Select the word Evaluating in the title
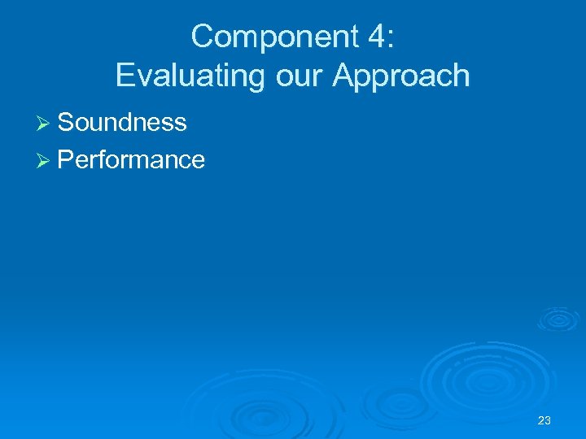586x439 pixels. pyautogui.click(x=182, y=76)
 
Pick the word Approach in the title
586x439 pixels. pyautogui.click(x=400, y=76)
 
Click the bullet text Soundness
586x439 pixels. pyautogui.click(x=122, y=122)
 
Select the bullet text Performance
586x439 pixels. pyautogui.click(x=131, y=159)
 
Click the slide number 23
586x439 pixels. pyautogui.click(x=544, y=420)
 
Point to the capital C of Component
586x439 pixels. pyautogui.click(x=202, y=37)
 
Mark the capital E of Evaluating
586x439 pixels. pyautogui.click(x=125, y=76)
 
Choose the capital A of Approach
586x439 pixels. pyautogui.click(x=343, y=76)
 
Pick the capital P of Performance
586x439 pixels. pyautogui.click(x=67, y=159)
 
